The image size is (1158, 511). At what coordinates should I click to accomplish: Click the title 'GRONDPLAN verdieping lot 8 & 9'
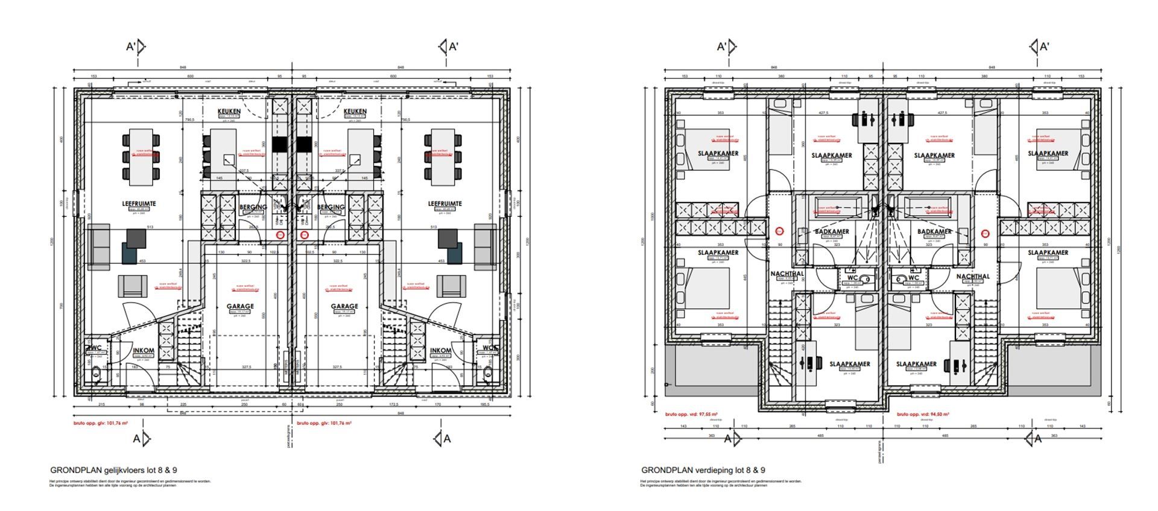(703, 470)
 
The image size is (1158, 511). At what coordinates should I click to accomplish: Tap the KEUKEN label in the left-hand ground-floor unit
(229, 111)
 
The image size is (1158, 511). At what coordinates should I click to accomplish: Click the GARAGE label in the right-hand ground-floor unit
(344, 306)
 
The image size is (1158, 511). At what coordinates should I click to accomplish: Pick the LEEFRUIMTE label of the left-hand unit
(139, 204)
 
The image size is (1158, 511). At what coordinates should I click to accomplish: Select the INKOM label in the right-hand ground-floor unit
(441, 351)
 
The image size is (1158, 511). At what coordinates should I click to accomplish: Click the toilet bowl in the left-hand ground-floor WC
(95, 377)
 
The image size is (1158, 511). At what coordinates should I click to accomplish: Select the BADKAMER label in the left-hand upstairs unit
(832, 232)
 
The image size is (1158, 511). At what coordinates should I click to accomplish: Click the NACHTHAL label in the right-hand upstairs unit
(973, 277)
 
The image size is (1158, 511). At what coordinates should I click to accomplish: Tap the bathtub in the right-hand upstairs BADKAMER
(927, 205)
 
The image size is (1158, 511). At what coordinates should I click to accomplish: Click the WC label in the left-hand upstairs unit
(852, 278)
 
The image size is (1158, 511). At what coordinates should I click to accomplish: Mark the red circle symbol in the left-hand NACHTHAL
(779, 230)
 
